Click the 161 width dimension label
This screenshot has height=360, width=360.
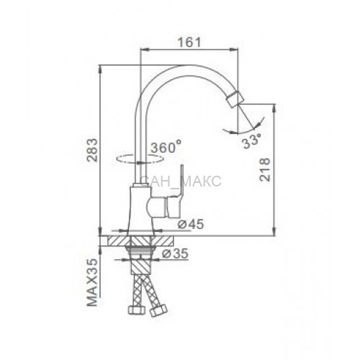pyautogui.click(x=189, y=42)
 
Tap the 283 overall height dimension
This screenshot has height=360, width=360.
pyautogui.click(x=93, y=150)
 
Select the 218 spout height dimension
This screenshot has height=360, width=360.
pyautogui.click(x=265, y=169)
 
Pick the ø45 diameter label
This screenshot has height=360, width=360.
pyautogui.click(x=190, y=225)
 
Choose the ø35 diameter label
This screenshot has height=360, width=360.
pyautogui.click(x=175, y=253)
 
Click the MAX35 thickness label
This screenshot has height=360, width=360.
pyautogui.click(x=93, y=282)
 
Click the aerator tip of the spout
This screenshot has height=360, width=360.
pyautogui.click(x=233, y=100)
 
